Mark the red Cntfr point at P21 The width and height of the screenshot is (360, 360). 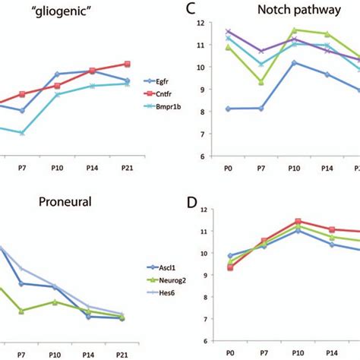tap(128, 64)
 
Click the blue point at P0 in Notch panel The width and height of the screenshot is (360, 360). tap(229, 109)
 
